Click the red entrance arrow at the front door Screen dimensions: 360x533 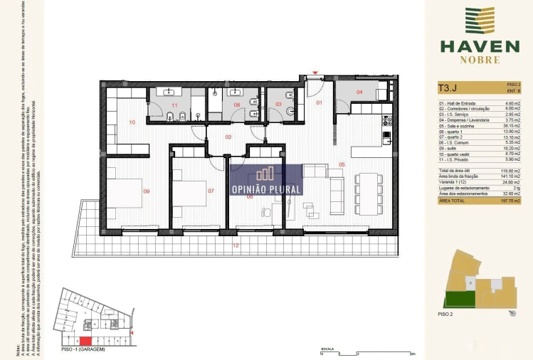click(315, 74)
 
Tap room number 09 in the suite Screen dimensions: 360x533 click(147, 191)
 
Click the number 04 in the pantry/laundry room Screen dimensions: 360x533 click(359, 92)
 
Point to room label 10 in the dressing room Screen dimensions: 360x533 click(132, 122)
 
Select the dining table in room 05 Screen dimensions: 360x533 click(369, 192)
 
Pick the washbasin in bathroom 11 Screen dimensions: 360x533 click(170, 92)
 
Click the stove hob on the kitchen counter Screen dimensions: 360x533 click(387, 121)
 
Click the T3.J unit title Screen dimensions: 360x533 click(448, 89)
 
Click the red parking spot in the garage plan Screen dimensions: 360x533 click(85, 328)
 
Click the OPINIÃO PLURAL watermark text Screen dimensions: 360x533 click(267, 189)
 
